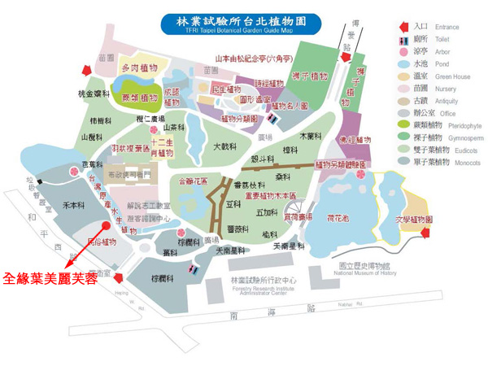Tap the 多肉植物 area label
(x=139, y=68)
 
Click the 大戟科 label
(x=224, y=147)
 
